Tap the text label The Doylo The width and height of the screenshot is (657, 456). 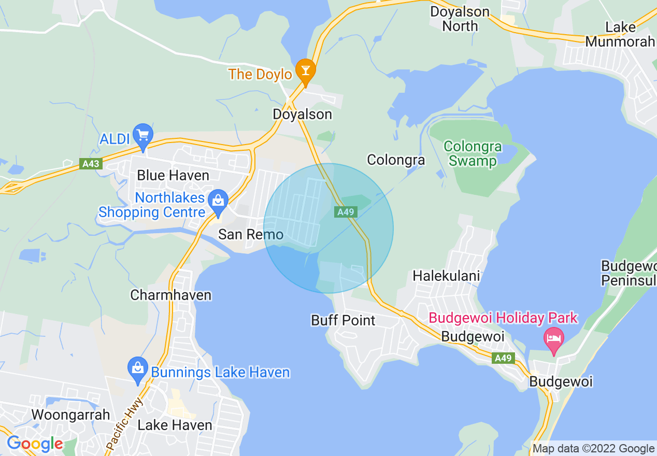pyautogui.click(x=261, y=74)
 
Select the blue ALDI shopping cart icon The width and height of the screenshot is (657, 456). pyautogui.click(x=142, y=134)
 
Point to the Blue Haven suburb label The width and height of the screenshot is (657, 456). pyautogui.click(x=173, y=175)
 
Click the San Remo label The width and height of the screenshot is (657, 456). pyautogui.click(x=251, y=234)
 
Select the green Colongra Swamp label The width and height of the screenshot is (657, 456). pyautogui.click(x=473, y=153)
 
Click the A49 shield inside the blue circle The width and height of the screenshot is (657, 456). pyautogui.click(x=345, y=212)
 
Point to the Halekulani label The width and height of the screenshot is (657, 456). pyautogui.click(x=446, y=276)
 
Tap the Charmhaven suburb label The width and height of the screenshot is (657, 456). pyautogui.click(x=171, y=295)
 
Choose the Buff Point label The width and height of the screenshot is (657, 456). pyautogui.click(x=343, y=320)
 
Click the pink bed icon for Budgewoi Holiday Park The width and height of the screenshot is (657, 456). pyautogui.click(x=553, y=338)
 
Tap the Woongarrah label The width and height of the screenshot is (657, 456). pyautogui.click(x=71, y=415)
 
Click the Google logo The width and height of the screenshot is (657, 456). pyautogui.click(x=35, y=444)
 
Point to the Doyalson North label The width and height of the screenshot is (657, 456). pyautogui.click(x=460, y=19)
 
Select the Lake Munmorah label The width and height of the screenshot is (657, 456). pyautogui.click(x=620, y=34)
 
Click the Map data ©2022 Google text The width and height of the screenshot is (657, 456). pyautogui.click(x=594, y=449)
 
